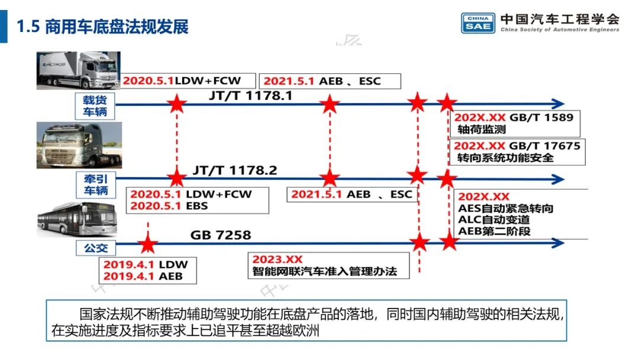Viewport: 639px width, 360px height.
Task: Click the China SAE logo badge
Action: [477, 22]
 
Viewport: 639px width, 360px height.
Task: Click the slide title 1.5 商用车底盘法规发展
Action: [103, 27]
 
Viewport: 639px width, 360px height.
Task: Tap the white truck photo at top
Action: [78, 70]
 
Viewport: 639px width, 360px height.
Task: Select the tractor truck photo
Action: [79, 146]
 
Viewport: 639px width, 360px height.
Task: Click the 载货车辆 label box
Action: [95, 105]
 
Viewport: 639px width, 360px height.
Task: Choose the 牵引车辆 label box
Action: [95, 183]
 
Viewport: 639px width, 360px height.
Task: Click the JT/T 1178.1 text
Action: [250, 95]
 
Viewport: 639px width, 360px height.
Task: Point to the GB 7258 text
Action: [220, 236]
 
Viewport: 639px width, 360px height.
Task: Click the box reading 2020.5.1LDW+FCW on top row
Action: [189, 81]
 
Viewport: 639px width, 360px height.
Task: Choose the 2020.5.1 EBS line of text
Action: [169, 206]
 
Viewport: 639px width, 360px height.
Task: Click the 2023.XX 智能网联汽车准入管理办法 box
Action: [328, 266]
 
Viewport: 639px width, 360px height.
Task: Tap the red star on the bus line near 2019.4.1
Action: [147, 243]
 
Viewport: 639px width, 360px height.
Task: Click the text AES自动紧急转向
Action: [506, 208]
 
